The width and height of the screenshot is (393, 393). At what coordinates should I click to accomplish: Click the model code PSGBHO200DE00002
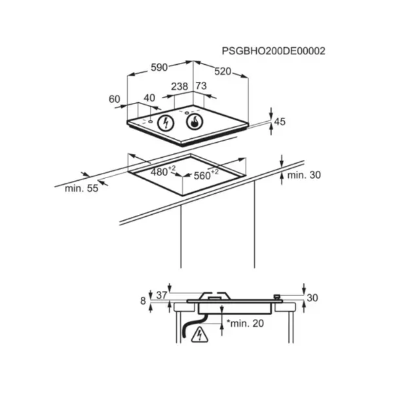273,51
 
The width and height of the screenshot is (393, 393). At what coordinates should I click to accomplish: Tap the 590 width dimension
159,67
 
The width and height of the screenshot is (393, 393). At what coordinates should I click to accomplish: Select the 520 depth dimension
223,71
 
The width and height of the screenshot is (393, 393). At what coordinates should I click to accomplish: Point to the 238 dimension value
179,86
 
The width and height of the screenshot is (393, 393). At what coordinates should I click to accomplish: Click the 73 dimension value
201,86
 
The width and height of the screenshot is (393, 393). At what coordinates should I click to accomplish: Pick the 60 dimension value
114,100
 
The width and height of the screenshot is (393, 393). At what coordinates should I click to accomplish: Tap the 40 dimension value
149,98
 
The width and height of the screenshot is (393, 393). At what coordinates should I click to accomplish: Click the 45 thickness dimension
280,122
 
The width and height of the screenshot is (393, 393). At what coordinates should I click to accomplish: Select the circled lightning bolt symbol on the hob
166,123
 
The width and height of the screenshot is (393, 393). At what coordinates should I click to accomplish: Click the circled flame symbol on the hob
195,122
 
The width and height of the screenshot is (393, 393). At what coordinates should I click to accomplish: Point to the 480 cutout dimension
163,171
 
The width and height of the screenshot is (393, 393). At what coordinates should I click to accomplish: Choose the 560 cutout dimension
206,174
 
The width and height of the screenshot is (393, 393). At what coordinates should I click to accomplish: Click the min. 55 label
81,188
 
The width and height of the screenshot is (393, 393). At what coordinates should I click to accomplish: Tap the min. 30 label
304,175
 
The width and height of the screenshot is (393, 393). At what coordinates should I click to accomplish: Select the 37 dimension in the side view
161,295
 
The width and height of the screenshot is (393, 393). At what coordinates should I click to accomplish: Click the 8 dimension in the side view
143,301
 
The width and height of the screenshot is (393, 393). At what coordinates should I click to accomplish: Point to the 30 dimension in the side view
312,298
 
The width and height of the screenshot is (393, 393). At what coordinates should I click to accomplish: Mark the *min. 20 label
245,324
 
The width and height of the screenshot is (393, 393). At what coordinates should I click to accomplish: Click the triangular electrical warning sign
200,335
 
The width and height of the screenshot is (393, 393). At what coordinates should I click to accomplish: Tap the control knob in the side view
277,297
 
